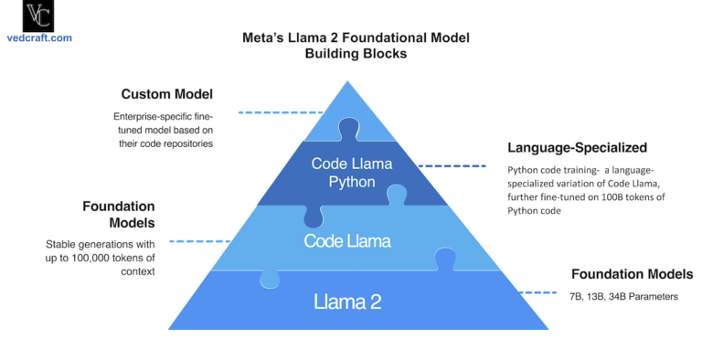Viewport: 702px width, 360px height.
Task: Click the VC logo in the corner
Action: click(37, 17)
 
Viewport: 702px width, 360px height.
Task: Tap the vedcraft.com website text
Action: click(37, 39)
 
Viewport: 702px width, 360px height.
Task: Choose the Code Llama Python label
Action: click(351, 172)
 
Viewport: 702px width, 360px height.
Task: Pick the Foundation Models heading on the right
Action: click(632, 273)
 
